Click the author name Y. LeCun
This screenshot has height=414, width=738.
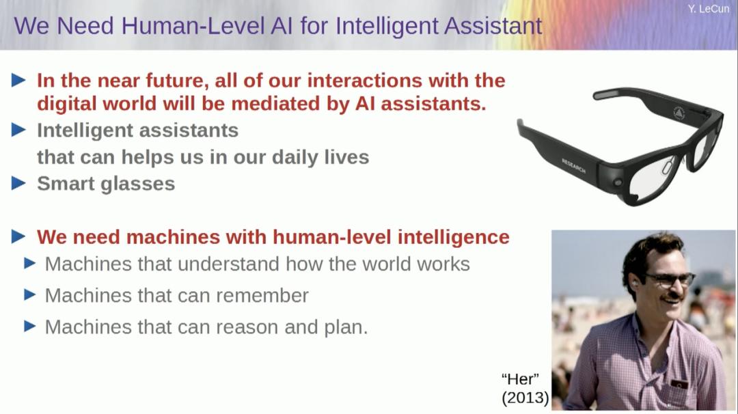(x=709, y=9)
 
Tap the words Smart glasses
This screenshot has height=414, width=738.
(x=106, y=184)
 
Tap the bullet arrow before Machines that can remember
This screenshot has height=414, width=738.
(x=29, y=294)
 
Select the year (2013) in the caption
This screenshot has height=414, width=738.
(x=525, y=398)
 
